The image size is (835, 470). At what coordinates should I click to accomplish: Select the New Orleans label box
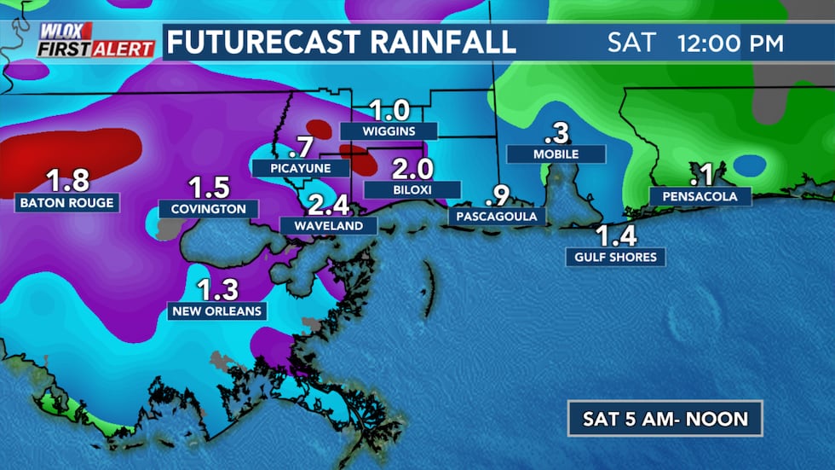216,310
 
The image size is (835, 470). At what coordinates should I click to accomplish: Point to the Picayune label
301,168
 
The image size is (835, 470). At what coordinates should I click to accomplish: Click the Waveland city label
328,226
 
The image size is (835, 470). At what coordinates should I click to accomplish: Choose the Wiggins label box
388,131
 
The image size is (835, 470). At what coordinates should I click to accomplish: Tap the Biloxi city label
412,189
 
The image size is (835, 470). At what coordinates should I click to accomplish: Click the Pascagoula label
497,217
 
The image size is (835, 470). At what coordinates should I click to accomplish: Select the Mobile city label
556,154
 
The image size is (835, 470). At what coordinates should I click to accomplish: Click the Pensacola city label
700,197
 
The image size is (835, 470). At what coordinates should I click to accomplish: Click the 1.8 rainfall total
68,181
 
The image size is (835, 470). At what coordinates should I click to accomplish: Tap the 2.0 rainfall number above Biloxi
412,168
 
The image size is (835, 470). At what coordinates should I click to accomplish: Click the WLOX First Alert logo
95,40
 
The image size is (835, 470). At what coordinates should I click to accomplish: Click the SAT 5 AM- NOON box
665,419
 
